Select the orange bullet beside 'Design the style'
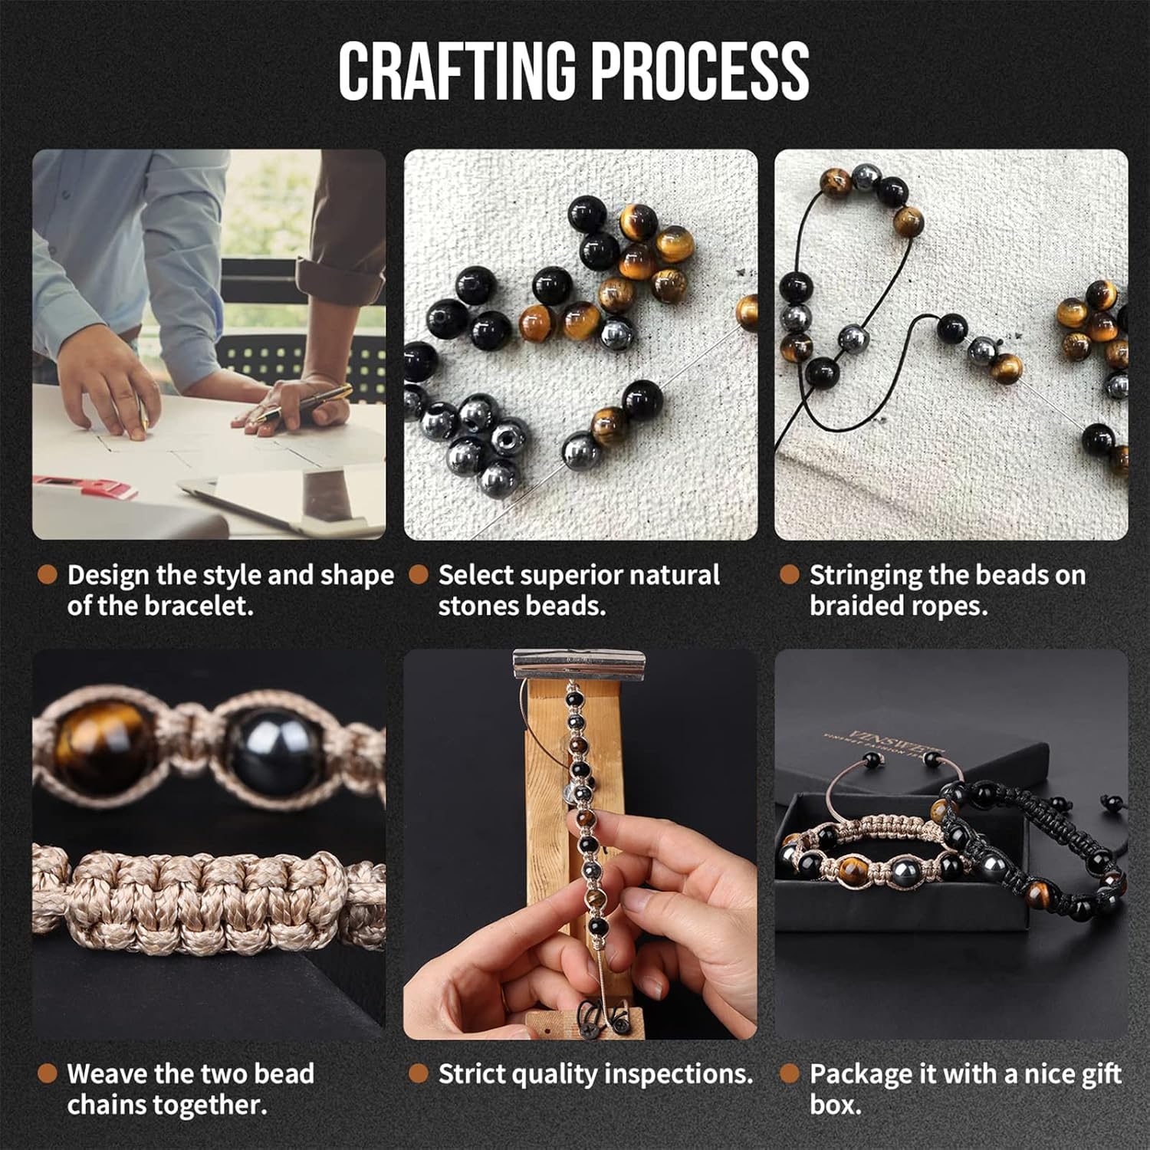[48, 575]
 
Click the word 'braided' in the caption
[851, 606]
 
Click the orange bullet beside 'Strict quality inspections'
[418, 1073]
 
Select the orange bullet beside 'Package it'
[789, 1073]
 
